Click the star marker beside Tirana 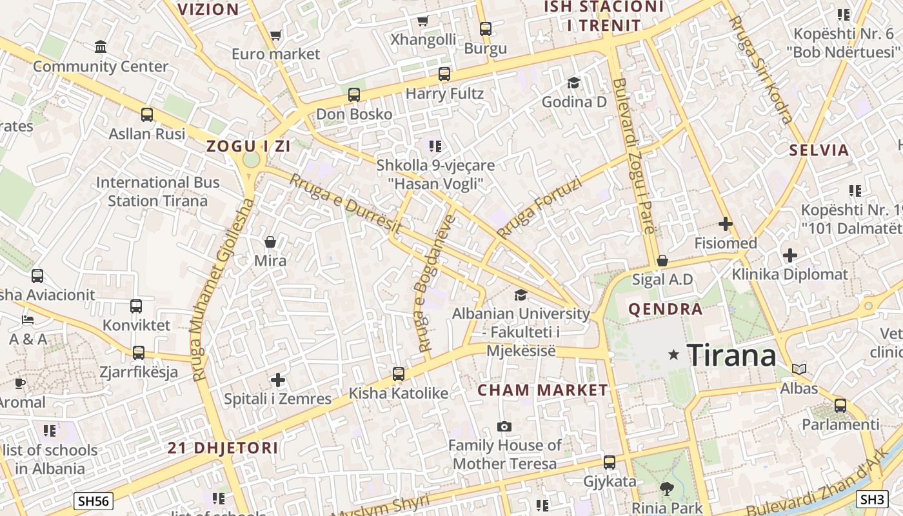(x=674, y=354)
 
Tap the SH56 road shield (x=94, y=501)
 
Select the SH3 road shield (x=872, y=499)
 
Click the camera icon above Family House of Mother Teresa (x=504, y=426)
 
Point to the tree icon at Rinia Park (x=666, y=488)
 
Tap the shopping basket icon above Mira (x=270, y=242)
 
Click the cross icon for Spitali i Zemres (x=278, y=380)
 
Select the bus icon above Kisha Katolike (x=399, y=373)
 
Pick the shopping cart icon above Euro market (x=276, y=35)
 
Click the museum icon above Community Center (x=101, y=46)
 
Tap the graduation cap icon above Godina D (x=573, y=83)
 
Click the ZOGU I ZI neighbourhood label (x=248, y=146)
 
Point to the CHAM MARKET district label (x=542, y=390)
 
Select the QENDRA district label (x=666, y=309)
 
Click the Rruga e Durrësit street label (x=345, y=204)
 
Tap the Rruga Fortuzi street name (x=540, y=208)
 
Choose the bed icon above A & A (x=28, y=319)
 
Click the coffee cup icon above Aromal (x=20, y=383)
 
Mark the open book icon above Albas (x=799, y=369)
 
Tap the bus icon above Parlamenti (x=840, y=405)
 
